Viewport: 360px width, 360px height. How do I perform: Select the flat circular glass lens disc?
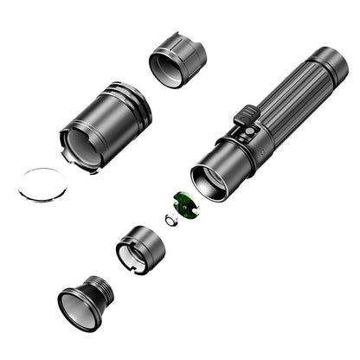[43, 184]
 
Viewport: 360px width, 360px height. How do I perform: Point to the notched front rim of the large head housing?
[82, 147]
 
